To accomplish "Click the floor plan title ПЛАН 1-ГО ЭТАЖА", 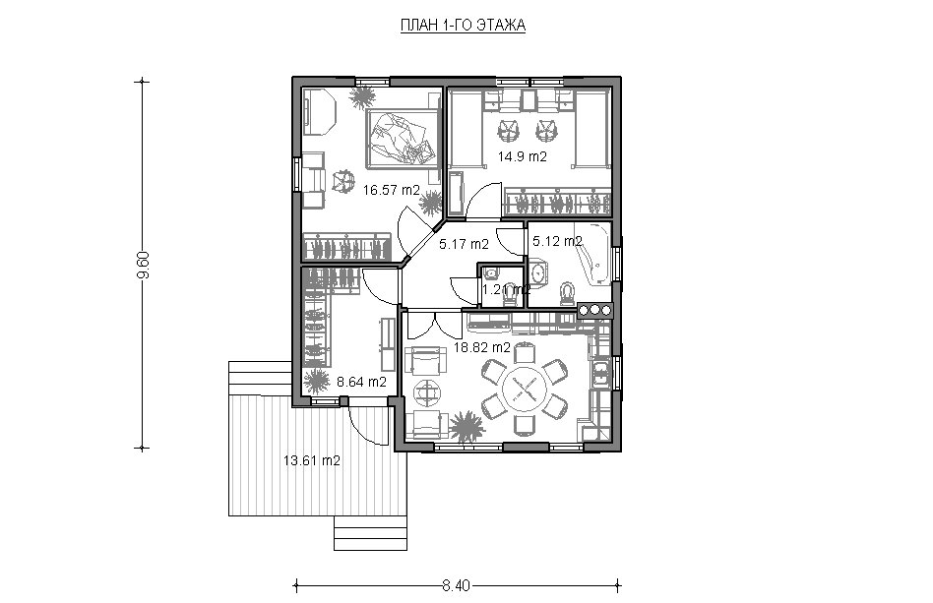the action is coord(463,26).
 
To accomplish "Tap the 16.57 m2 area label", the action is coord(392,190).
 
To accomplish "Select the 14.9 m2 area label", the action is coord(523,157).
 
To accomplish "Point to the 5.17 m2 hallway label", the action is coord(465,244).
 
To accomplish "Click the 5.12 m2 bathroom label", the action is coord(557,241).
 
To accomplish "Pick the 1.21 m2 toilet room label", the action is coord(506,290).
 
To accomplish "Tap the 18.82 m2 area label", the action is coord(482,347).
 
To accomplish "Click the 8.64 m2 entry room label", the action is coord(362,382).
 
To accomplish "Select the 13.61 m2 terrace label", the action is coord(312,460).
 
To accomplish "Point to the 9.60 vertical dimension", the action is coord(142,265).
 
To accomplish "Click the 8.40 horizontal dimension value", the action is coord(457,585).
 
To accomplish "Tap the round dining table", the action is coord(525,390).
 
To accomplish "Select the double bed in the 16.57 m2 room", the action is coord(403,138).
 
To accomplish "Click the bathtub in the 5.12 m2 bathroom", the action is coord(592,253).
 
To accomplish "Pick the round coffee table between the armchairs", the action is coord(428,392).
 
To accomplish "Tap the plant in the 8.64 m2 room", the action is coord(316,381).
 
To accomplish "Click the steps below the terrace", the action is coord(370,533).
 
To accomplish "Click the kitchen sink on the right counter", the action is coord(601,374).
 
